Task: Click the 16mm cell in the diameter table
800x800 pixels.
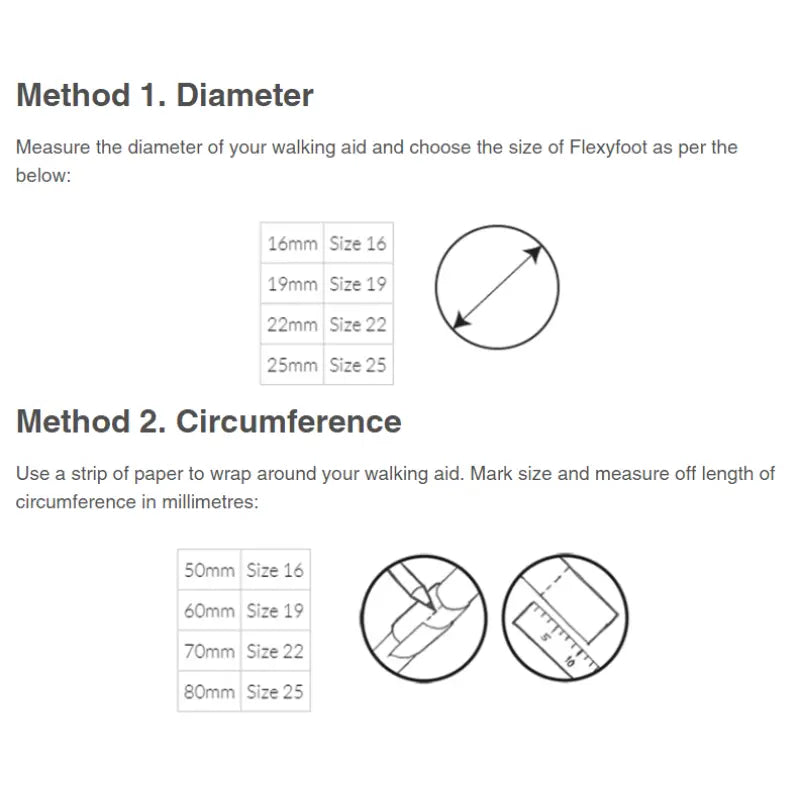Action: tap(292, 243)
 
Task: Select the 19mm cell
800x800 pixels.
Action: tap(292, 284)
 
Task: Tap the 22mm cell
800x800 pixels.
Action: tap(292, 324)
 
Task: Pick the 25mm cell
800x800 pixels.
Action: tap(292, 365)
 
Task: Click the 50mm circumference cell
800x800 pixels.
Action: tap(209, 570)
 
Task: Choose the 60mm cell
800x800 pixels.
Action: tap(209, 610)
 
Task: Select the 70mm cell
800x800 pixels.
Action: tap(209, 651)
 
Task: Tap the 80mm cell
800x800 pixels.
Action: tap(209, 691)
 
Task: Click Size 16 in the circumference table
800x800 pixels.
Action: tap(275, 570)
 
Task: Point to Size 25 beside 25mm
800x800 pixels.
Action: tap(358, 365)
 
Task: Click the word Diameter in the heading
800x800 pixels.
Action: tap(245, 95)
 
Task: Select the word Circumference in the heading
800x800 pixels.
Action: tap(289, 421)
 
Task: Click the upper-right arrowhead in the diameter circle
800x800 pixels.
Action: tap(534, 254)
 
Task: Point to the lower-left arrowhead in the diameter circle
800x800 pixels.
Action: tap(461, 320)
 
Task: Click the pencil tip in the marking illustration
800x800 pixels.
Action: tap(433, 607)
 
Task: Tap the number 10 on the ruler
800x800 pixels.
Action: tap(570, 661)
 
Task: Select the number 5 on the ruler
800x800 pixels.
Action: tap(545, 637)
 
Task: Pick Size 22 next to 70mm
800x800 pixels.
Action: tap(275, 651)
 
